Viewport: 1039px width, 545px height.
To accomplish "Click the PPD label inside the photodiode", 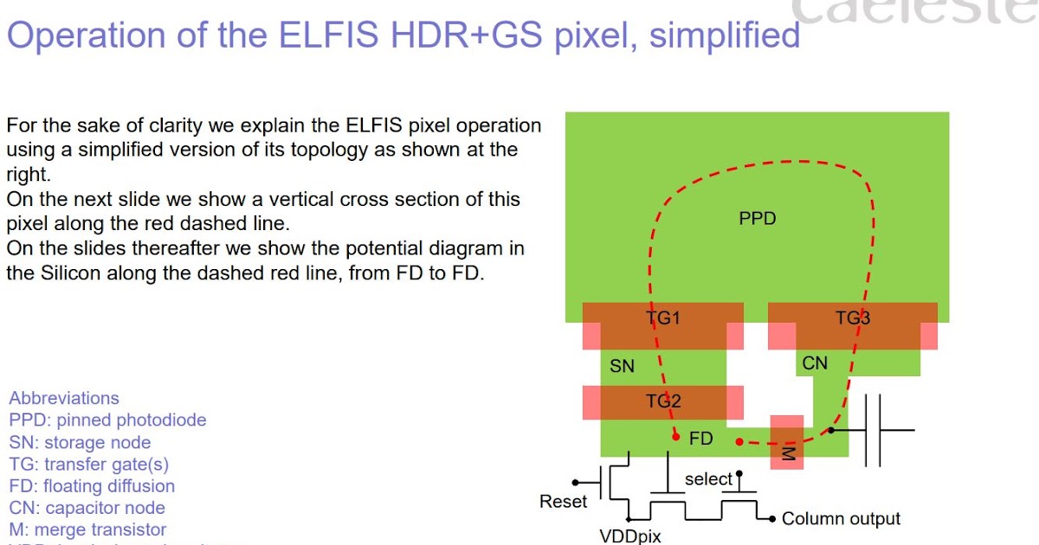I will pyautogui.click(x=757, y=219).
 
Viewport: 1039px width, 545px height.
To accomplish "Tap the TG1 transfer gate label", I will pyautogui.click(x=663, y=318).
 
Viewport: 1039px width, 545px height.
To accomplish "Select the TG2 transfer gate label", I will pyautogui.click(x=663, y=401).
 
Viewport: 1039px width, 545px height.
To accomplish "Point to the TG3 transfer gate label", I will pyautogui.click(x=852, y=318).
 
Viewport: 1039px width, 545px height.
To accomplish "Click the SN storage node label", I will pyautogui.click(x=622, y=367).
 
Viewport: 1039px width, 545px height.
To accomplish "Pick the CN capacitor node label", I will pyautogui.click(x=815, y=363).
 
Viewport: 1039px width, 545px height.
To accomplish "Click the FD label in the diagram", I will pyautogui.click(x=701, y=439).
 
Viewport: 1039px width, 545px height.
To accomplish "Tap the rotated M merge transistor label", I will pyautogui.click(x=787, y=453).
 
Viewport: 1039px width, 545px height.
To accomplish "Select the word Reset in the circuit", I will pyautogui.click(x=563, y=502).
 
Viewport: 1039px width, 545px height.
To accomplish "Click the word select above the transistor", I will pyautogui.click(x=708, y=479).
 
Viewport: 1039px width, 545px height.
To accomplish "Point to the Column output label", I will pyautogui.click(x=841, y=519).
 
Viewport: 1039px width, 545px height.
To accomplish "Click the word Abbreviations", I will pyautogui.click(x=64, y=399).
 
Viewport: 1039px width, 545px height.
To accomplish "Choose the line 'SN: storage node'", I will pyautogui.click(x=80, y=443).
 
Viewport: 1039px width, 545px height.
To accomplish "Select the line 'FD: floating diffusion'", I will pyautogui.click(x=92, y=486).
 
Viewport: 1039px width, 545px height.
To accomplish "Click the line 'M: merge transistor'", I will pyautogui.click(x=87, y=529).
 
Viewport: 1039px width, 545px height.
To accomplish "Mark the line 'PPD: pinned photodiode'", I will pyautogui.click(x=107, y=420).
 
